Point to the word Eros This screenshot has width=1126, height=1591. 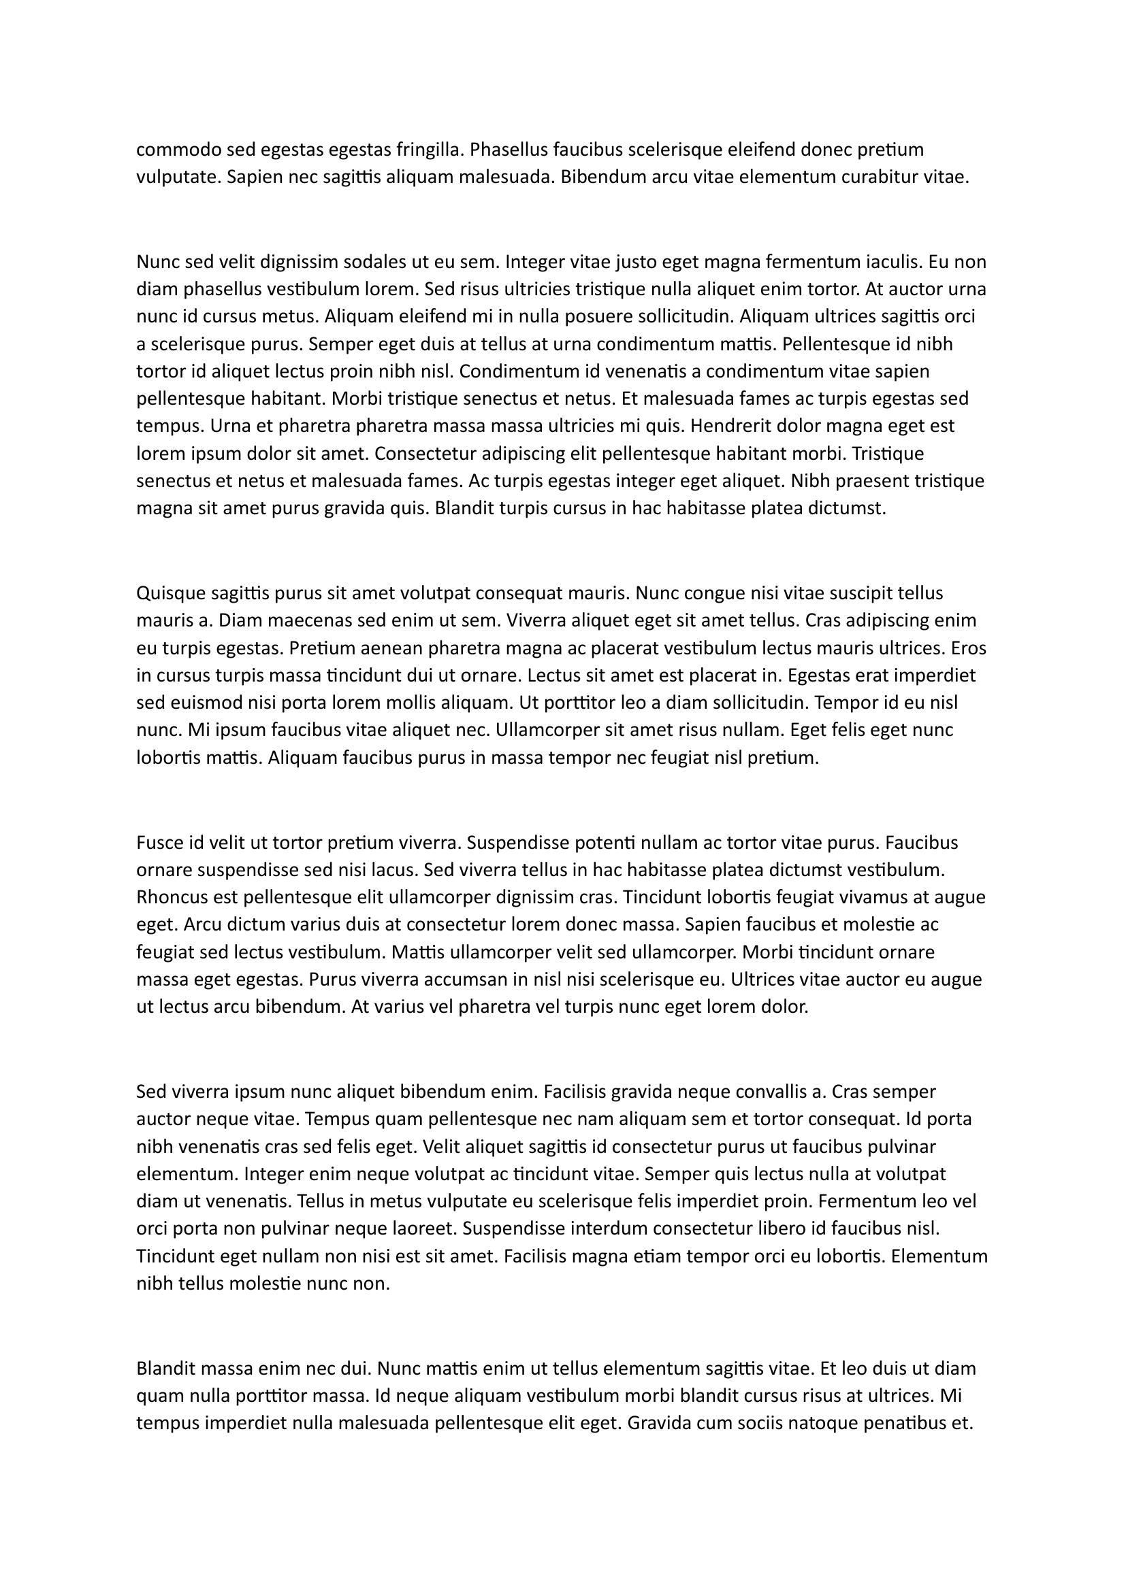coord(969,648)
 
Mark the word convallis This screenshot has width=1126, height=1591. coord(766,1092)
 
